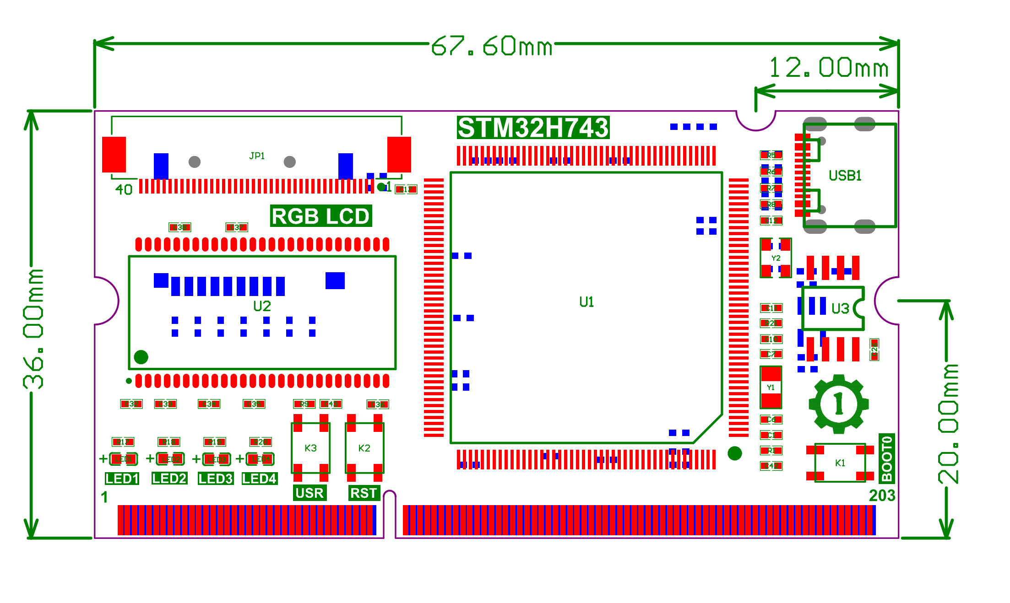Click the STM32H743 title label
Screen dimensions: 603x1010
click(x=533, y=128)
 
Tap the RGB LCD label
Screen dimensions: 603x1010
click(x=320, y=216)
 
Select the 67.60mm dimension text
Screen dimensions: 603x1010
click(x=492, y=46)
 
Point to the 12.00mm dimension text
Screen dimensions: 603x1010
click(x=829, y=68)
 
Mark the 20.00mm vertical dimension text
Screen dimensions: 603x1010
click(x=948, y=423)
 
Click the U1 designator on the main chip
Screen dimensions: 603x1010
click(x=586, y=302)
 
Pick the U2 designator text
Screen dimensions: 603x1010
click(x=262, y=306)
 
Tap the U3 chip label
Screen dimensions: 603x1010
click(x=840, y=308)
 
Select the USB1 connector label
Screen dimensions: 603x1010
click(x=845, y=176)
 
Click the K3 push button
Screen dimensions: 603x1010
click(x=311, y=448)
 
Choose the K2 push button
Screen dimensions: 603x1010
click(x=364, y=448)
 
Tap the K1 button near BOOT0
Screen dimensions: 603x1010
click(x=840, y=463)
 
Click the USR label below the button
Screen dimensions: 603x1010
click(x=310, y=493)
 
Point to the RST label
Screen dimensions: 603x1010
click(x=364, y=493)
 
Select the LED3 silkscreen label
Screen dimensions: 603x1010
click(x=216, y=479)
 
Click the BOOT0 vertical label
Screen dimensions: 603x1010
click(x=887, y=458)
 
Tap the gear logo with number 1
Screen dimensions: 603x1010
click(x=839, y=404)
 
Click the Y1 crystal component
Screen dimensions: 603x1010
click(x=771, y=388)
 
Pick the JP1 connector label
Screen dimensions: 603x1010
click(x=257, y=156)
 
